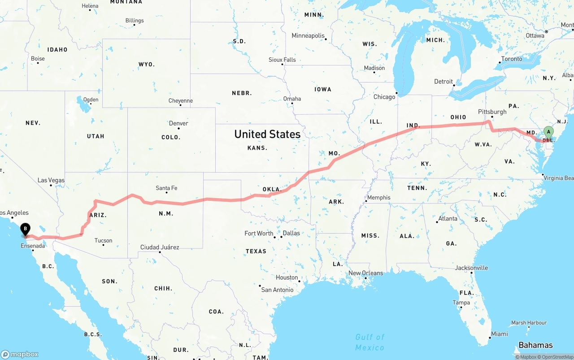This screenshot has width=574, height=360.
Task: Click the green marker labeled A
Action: tap(548, 132)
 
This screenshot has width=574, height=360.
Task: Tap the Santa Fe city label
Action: tap(166, 188)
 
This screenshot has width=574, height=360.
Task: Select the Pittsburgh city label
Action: tap(492, 112)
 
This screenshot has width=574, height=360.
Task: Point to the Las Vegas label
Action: tap(51, 180)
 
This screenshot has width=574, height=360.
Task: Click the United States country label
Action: tap(267, 134)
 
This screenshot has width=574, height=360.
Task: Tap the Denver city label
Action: tap(178, 123)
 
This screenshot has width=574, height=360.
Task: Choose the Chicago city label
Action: tap(384, 97)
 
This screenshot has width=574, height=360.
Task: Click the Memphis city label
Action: tap(378, 197)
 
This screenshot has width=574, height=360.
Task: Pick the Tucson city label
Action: tap(103, 240)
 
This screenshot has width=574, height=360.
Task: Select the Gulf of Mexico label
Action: tap(370, 342)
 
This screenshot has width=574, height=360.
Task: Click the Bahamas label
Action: tap(535, 345)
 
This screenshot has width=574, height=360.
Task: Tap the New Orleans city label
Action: tap(366, 273)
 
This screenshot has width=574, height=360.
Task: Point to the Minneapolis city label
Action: tap(308, 35)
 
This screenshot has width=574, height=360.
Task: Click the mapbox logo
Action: tap(20, 354)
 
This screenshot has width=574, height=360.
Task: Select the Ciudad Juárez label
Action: tap(160, 247)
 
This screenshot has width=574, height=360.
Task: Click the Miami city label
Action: tap(499, 334)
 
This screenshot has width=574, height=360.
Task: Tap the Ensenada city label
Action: tap(33, 246)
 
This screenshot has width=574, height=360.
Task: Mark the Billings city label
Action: tap(135, 21)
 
